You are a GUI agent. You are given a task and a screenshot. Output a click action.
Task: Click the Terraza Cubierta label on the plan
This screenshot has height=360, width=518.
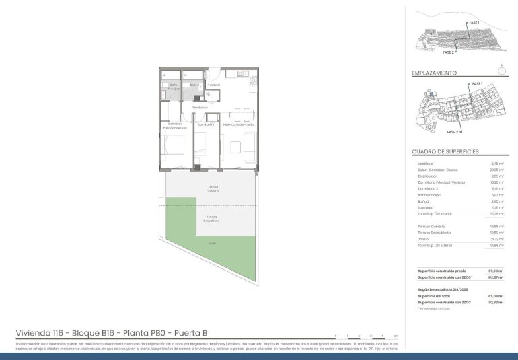click(213, 189)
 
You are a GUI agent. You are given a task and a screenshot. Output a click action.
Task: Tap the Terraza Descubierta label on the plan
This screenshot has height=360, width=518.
click(213, 219)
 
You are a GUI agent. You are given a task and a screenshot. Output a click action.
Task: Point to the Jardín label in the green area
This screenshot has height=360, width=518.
click(212, 243)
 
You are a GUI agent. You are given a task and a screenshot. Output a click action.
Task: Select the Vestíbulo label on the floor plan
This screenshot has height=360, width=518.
click(214, 85)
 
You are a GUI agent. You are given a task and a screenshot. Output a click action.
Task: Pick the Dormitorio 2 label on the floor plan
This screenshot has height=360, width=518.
click(206, 124)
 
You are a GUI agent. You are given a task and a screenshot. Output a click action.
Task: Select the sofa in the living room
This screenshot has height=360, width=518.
click(250, 143)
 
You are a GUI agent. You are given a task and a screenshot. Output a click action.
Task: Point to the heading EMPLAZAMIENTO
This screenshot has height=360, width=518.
click(435, 73)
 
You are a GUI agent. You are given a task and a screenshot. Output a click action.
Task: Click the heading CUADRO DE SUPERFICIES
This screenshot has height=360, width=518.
click(445, 152)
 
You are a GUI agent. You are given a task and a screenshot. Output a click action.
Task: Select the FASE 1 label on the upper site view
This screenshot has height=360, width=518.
click(474, 23)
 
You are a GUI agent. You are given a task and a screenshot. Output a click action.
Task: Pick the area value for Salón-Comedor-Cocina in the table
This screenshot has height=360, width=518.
click(497, 170)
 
